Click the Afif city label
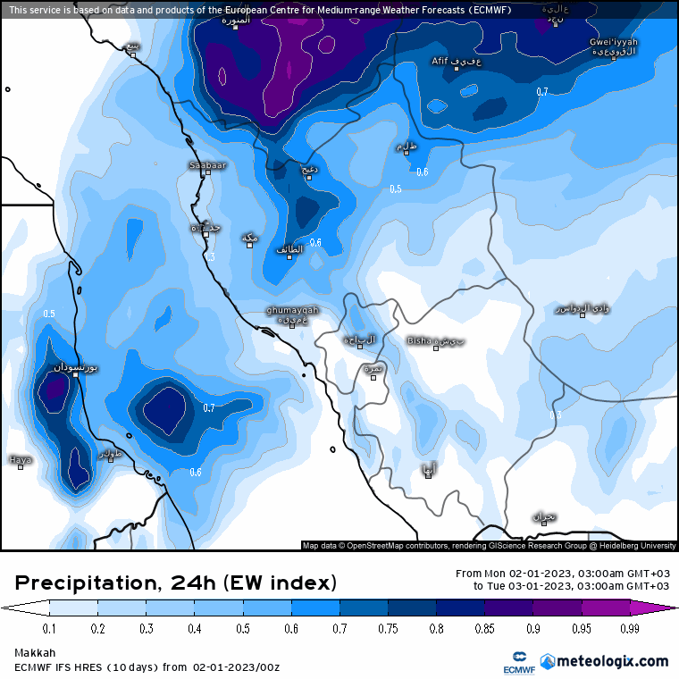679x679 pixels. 440,61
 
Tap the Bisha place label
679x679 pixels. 418,339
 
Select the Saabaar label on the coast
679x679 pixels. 207,165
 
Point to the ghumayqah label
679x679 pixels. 291,310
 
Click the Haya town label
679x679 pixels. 20,459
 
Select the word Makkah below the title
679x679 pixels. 35,653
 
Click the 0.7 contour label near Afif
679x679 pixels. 541,92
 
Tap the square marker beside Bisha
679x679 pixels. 436,348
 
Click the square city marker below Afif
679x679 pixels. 457,69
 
